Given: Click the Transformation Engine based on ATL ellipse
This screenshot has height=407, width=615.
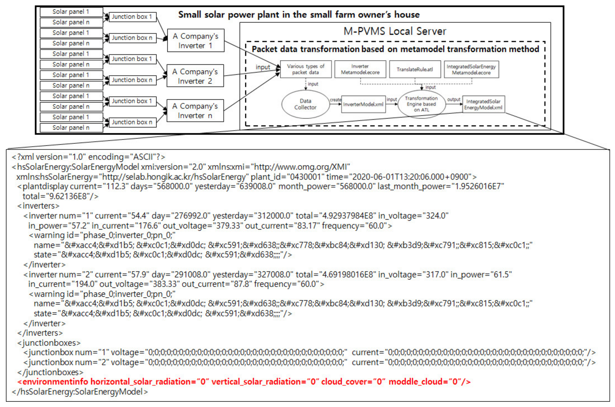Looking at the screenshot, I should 421,104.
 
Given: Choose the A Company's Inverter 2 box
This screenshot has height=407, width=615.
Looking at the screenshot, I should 195,76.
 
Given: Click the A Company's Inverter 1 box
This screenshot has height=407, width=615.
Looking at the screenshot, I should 196,41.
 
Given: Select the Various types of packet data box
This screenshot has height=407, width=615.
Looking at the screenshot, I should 306,69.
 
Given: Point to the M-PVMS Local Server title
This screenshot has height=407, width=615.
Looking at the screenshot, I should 395,31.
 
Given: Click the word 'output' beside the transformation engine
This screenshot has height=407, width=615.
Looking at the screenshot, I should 453,99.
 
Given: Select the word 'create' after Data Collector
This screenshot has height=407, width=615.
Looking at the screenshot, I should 335,100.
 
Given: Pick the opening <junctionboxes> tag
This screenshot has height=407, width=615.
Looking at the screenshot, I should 49,343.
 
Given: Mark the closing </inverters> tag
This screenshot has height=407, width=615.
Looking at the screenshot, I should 40,333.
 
